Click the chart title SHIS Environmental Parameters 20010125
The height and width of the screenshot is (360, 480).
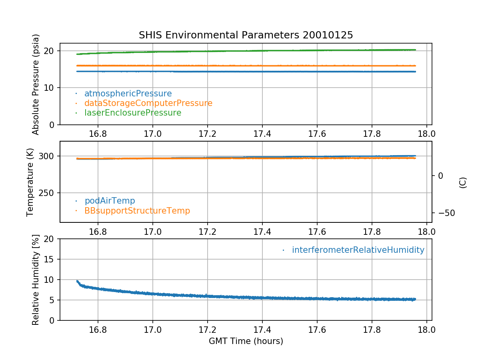[x=246, y=35]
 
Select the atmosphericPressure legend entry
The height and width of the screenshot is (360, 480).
[x=128, y=94]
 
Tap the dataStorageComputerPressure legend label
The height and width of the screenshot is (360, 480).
[x=148, y=103]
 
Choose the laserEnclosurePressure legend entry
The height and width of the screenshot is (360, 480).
[x=132, y=113]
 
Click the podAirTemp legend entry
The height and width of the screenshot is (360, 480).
[x=110, y=201]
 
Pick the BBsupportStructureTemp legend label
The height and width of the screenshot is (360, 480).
[x=137, y=210]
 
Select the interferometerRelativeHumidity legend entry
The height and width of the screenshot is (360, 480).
[x=358, y=250]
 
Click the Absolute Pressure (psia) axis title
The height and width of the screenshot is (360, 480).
[x=36, y=84]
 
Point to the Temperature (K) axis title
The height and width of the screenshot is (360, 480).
[x=30, y=182]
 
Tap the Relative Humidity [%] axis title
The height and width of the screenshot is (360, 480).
[x=36, y=280]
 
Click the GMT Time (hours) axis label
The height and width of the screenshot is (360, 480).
[x=246, y=341]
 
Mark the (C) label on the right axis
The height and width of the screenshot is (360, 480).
[x=463, y=182]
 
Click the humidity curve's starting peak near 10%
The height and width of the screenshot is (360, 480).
[x=77, y=281]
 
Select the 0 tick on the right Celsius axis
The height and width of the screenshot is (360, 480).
[x=440, y=176]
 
